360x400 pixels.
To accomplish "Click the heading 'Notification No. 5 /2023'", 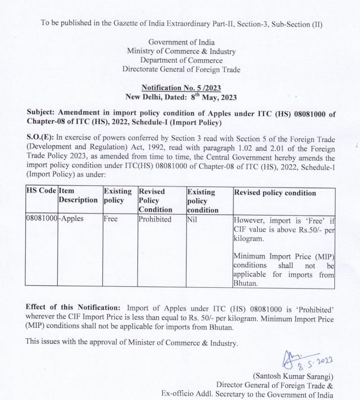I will (181, 88).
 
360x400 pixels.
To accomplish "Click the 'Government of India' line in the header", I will (181, 42).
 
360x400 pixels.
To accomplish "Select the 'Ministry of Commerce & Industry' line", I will (181, 51).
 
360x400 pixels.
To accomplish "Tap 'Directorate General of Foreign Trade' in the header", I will (181, 70).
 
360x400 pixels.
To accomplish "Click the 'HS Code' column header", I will (41, 191).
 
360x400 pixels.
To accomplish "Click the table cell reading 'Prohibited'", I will (155, 219).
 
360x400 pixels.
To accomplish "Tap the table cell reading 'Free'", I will (111, 219).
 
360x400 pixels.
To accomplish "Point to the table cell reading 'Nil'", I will (192, 219).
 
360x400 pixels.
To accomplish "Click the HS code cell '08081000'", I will (42, 219).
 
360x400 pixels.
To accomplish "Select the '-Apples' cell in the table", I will (71, 219).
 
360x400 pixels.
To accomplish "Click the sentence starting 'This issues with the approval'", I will (132, 342).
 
